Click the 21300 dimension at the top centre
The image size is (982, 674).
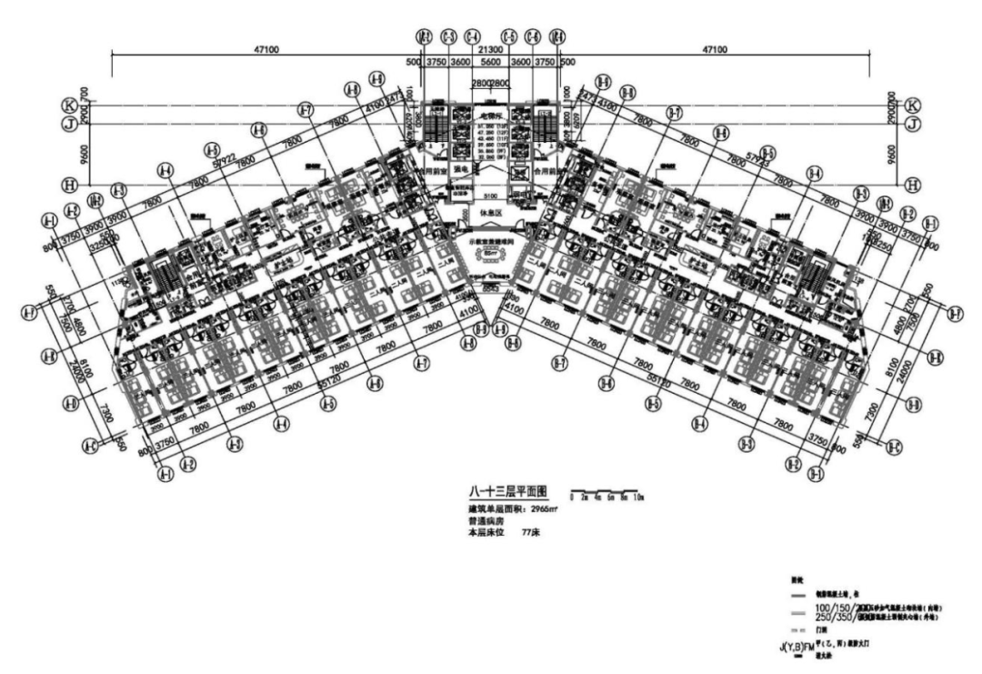pos(491,47)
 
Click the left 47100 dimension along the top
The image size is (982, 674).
pos(266,49)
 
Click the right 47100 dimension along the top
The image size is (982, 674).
pos(716,49)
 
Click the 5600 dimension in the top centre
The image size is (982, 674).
pos(491,63)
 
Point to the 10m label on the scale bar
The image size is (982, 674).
pos(639,499)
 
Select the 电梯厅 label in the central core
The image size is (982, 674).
pos(491,117)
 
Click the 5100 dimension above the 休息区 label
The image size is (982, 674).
pos(491,195)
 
